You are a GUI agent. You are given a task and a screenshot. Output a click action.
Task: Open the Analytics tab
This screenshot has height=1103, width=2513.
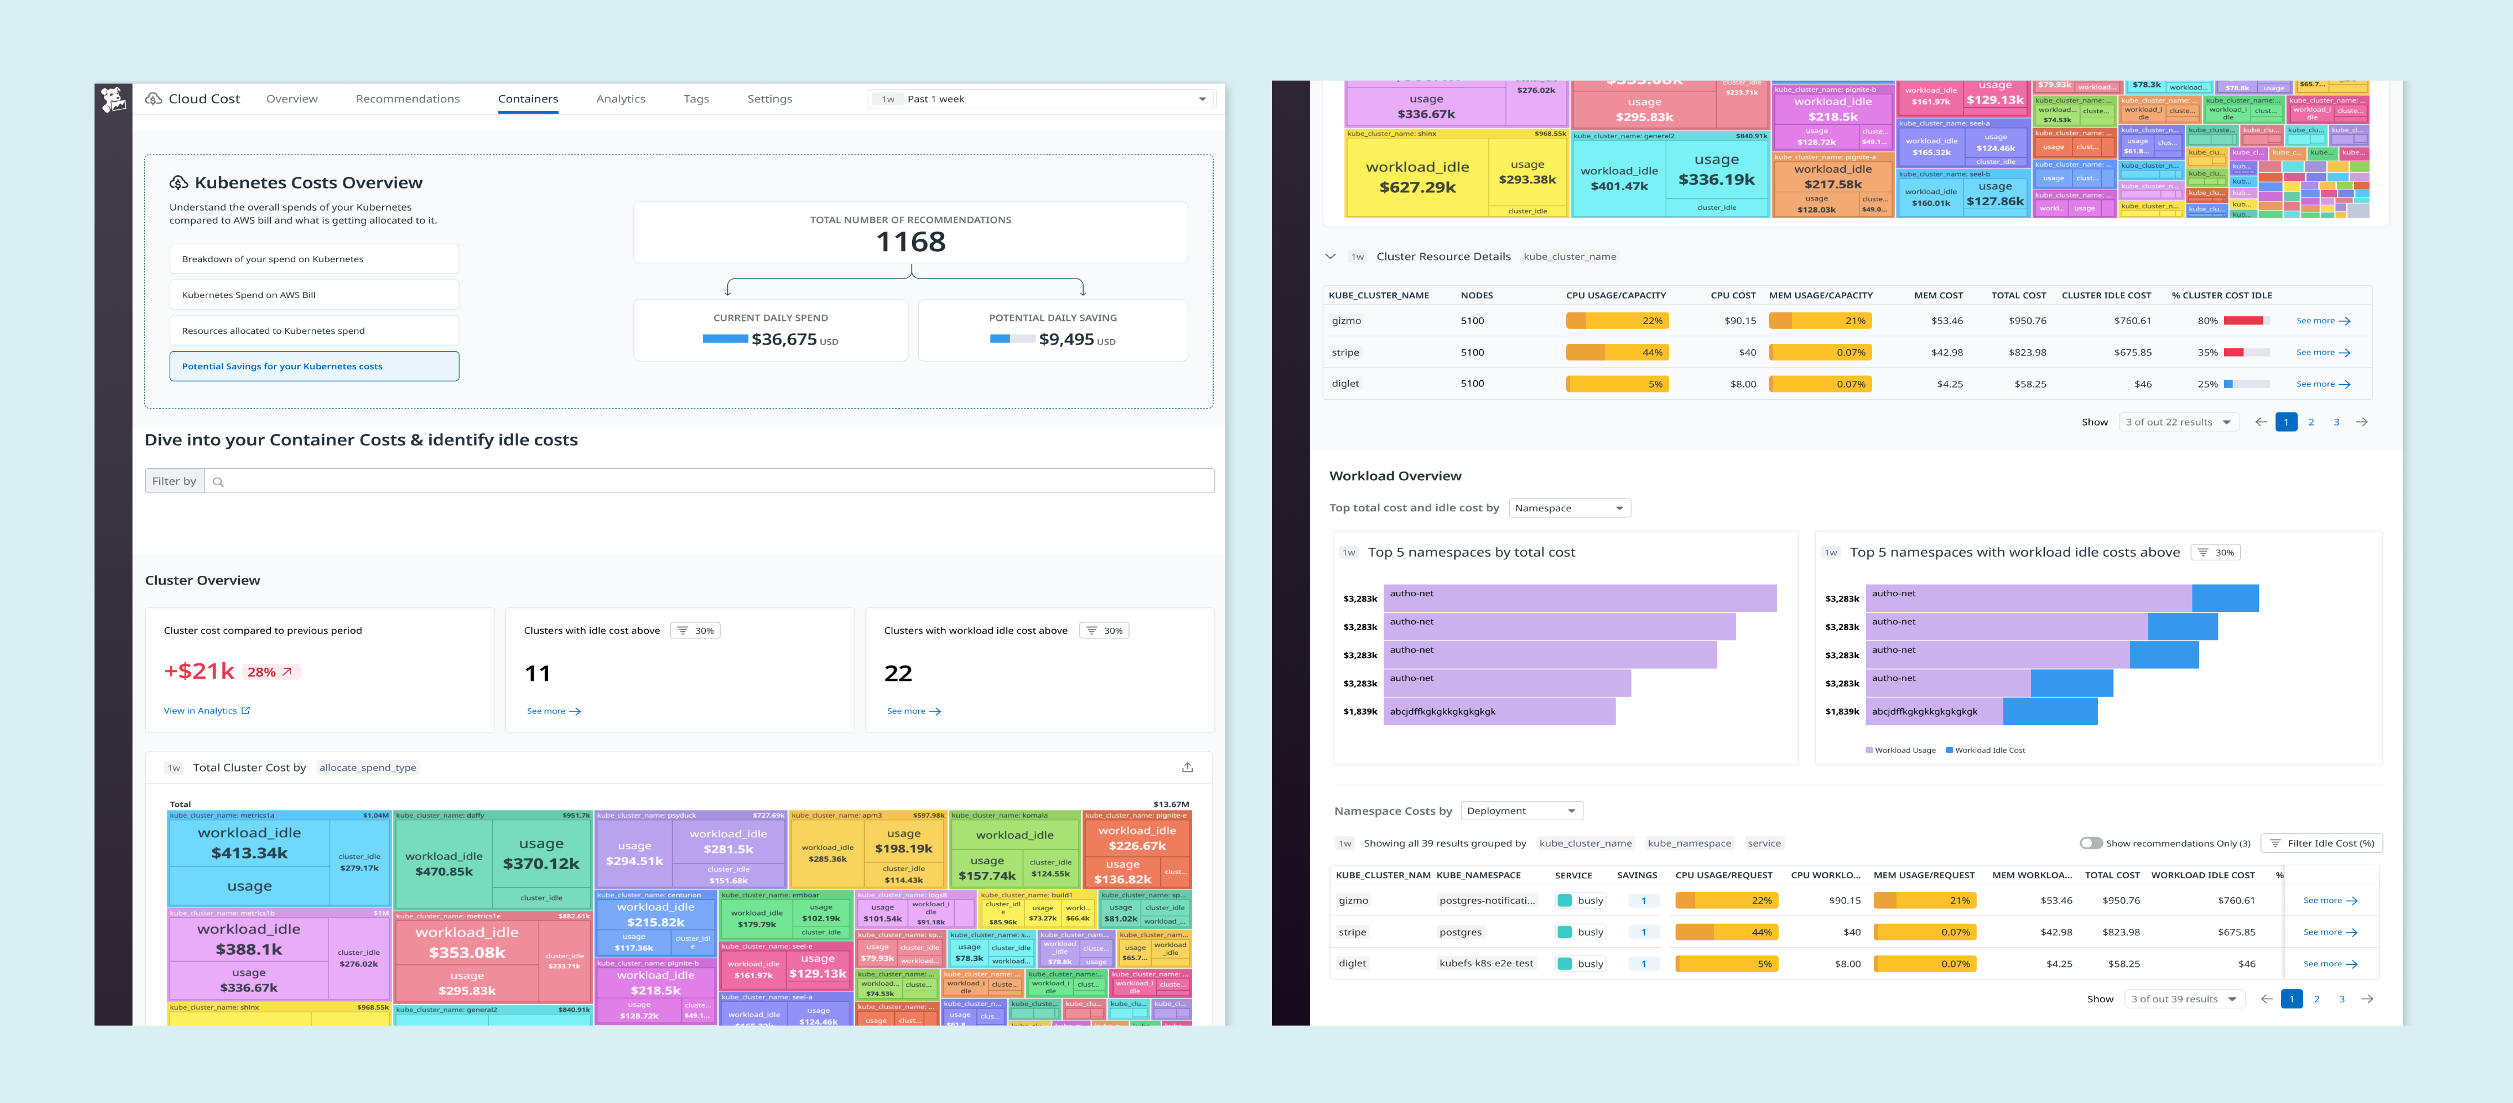pos(621,98)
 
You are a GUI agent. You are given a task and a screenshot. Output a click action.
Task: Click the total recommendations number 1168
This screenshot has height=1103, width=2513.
pos(910,242)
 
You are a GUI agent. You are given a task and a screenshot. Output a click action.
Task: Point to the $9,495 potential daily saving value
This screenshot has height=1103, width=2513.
pos(1066,339)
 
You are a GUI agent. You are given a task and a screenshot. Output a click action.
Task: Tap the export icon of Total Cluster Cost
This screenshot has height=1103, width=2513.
pos(1187,768)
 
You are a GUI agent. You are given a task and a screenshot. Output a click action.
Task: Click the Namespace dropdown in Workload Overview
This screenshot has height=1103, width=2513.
pos(1569,508)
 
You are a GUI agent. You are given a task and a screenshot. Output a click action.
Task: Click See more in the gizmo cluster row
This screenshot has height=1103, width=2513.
pos(2322,321)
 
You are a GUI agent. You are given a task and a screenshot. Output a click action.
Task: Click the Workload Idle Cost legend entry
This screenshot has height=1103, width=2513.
pos(1988,750)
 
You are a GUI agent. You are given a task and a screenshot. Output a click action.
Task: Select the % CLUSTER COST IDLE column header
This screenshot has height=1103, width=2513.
pos(2221,296)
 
